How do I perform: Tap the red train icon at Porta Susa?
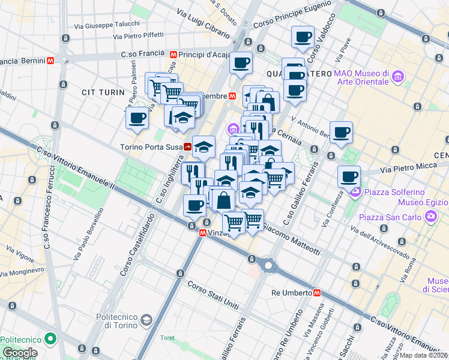(188, 146)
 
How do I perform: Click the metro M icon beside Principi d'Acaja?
(173, 54)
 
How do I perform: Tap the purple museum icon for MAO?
(397, 77)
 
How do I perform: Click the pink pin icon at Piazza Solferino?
(355, 192)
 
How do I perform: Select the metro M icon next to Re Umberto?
(316, 293)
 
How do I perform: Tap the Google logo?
(20, 353)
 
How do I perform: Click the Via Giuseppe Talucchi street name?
(107, 26)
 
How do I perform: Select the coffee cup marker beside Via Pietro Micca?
(349, 176)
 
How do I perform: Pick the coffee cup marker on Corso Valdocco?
(303, 37)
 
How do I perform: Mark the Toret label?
(167, 338)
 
